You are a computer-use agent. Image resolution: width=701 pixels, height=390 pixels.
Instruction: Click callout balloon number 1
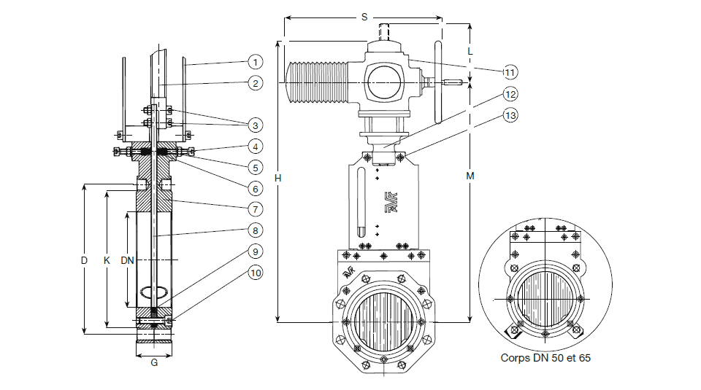coord(254,61)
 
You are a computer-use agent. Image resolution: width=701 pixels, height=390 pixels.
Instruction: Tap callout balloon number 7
coord(254,208)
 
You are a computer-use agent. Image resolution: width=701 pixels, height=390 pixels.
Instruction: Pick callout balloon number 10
coord(254,273)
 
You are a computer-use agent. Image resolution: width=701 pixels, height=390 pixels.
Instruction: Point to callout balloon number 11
coord(510,72)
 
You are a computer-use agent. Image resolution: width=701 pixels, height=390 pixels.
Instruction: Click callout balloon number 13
coord(510,116)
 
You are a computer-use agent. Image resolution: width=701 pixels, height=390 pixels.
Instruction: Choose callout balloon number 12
coord(510,94)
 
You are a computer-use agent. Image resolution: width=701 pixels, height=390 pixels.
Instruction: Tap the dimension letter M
coord(470,176)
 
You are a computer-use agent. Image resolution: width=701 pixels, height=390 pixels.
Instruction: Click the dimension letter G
coord(154,362)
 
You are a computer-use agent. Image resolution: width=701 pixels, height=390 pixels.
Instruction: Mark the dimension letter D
coord(85,260)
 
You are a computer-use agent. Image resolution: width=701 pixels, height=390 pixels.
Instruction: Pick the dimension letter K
coord(107,260)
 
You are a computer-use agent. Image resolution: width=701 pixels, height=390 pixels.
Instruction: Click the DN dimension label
coord(127,260)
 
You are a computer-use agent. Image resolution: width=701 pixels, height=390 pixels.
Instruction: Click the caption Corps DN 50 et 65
coord(546,358)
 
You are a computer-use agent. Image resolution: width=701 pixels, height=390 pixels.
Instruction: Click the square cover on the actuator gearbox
coord(386,81)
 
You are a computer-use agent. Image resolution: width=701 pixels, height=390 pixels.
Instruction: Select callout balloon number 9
coord(254,251)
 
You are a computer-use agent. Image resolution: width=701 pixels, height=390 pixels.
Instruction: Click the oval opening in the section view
coord(154,293)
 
